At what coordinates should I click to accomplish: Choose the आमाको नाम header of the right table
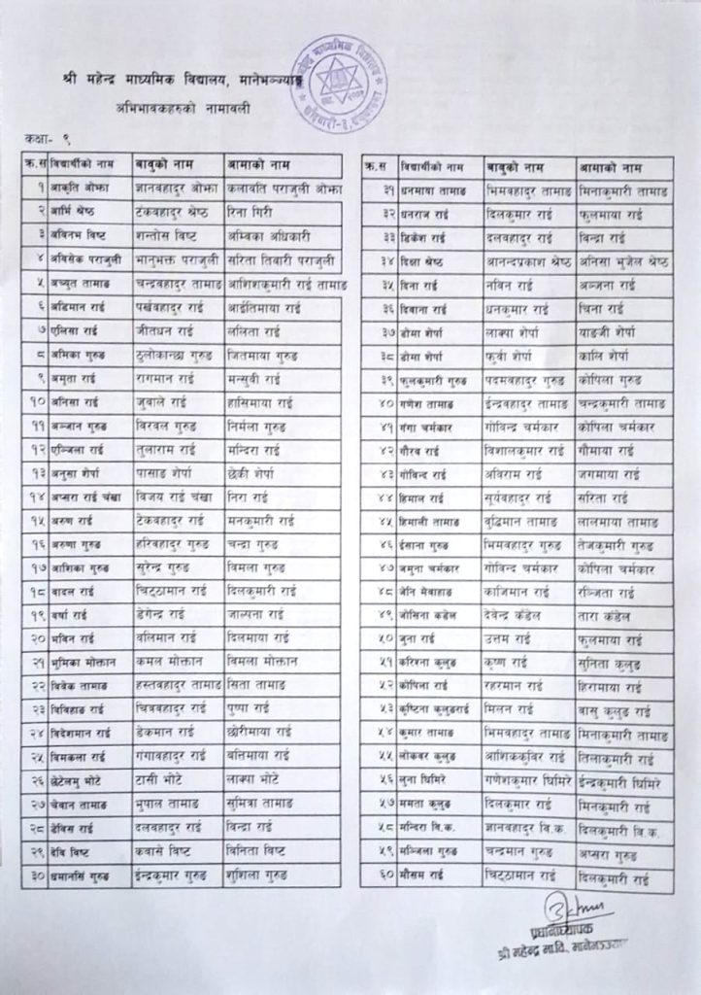click(x=614, y=167)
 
